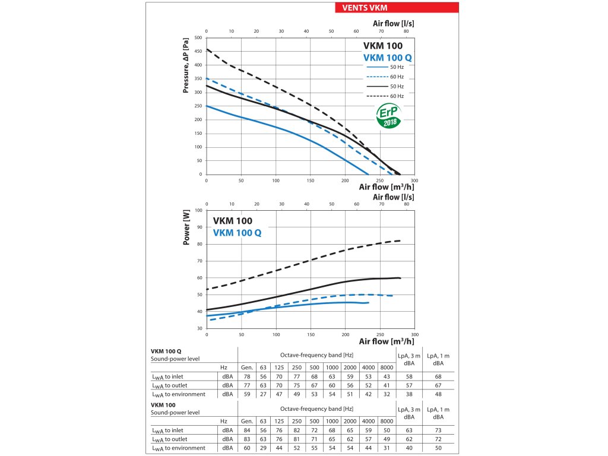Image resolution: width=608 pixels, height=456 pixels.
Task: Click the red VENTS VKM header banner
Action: pyautogui.click(x=397, y=8)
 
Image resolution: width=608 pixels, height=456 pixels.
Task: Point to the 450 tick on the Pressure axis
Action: pyautogui.click(x=198, y=51)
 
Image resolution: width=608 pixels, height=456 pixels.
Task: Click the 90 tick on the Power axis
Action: pyautogui.click(x=199, y=227)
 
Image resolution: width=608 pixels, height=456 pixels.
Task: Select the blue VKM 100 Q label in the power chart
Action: pyautogui.click(x=237, y=233)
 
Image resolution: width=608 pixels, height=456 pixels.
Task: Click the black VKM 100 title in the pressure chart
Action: pyautogui.click(x=382, y=46)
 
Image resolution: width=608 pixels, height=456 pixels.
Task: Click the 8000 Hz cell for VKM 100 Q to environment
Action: pyautogui.click(x=387, y=394)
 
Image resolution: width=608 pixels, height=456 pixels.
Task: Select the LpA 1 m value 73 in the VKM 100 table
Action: pyautogui.click(x=438, y=430)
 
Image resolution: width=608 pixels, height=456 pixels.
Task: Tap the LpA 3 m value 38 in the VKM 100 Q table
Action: pyautogui.click(x=409, y=394)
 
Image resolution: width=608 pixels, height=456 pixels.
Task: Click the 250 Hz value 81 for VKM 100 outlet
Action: pyautogui.click(x=297, y=439)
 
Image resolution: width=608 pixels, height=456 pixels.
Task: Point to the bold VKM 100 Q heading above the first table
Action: pyautogui.click(x=167, y=351)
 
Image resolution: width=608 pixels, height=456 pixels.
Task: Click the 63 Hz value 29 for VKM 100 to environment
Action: pyautogui.click(x=263, y=448)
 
